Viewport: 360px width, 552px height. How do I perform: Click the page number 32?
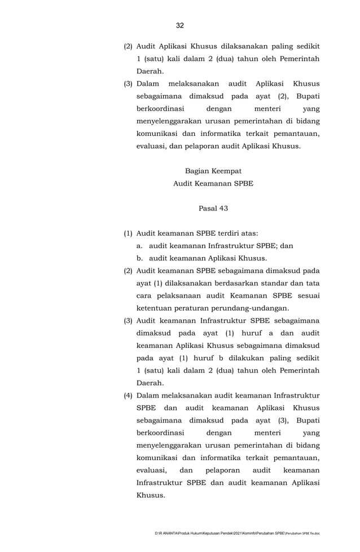180,25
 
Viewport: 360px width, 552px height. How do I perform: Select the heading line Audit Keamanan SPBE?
213,183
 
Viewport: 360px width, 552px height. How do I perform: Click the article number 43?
223,208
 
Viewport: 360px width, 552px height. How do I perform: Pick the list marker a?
139,246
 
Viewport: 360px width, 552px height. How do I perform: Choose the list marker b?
139,258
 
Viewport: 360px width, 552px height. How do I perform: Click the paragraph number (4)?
129,395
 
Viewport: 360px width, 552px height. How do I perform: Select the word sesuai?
308,295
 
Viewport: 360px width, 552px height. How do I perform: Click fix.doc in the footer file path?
314,533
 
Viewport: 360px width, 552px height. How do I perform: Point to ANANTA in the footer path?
172,533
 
